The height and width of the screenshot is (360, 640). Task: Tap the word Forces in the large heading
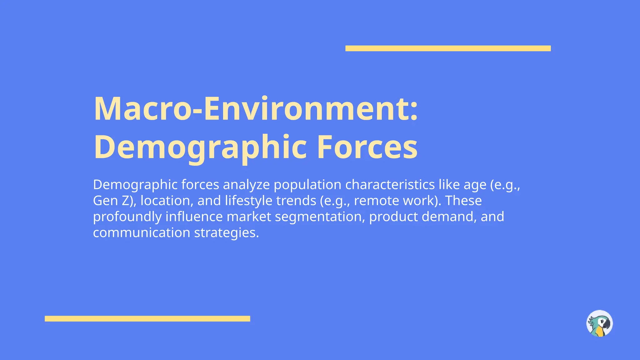(367, 147)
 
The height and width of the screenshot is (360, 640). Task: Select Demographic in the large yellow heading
(200, 147)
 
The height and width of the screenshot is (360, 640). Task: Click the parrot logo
(599, 323)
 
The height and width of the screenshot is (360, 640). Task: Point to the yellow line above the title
(448, 48)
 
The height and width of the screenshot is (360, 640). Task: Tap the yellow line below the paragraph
(147, 319)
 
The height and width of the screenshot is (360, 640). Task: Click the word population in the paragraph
(307, 185)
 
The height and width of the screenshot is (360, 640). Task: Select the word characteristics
(390, 185)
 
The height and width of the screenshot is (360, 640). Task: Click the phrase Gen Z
(113, 201)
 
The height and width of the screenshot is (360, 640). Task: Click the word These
(463, 201)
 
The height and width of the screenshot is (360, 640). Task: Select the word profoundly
(127, 217)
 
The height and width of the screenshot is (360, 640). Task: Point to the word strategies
(226, 232)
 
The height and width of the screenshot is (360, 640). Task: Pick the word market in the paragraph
(249, 217)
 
